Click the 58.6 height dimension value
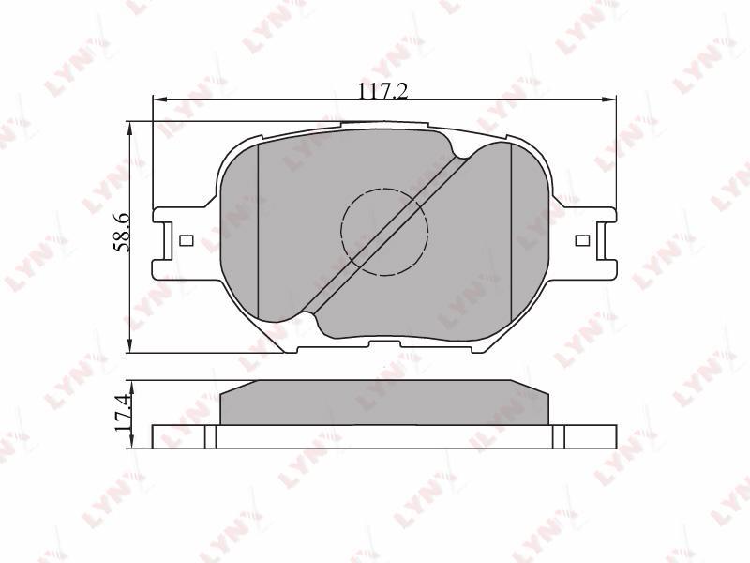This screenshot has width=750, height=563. point(120,233)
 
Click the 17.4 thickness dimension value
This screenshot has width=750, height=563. point(122,413)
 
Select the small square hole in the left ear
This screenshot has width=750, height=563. point(186,240)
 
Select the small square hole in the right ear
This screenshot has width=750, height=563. point(582,240)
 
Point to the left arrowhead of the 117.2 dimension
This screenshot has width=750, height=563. point(158,99)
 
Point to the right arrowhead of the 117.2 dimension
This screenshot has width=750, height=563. point(609,99)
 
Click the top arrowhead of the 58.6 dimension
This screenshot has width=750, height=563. point(128,128)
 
